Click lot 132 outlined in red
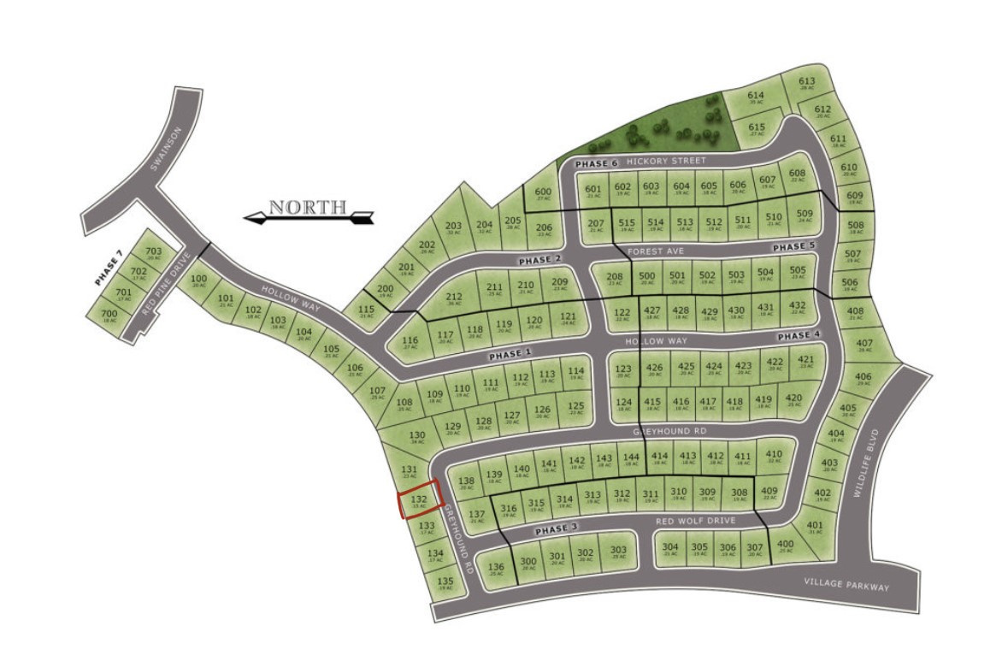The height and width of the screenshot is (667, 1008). point(420,499)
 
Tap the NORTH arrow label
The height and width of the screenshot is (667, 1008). point(309,208)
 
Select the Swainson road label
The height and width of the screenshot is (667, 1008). point(167,150)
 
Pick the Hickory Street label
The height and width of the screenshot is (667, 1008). point(666,161)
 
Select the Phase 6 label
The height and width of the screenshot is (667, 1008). point(595,164)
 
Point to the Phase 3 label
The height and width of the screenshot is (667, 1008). point(557,529)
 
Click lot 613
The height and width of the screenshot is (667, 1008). point(807,84)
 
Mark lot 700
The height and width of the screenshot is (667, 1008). point(109,316)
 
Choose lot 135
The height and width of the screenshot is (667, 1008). point(445,584)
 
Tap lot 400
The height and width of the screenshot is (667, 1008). point(786,546)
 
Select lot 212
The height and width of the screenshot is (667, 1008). point(454,299)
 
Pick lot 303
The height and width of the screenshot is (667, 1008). point(618,552)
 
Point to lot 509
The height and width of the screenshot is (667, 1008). point(805,215)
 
